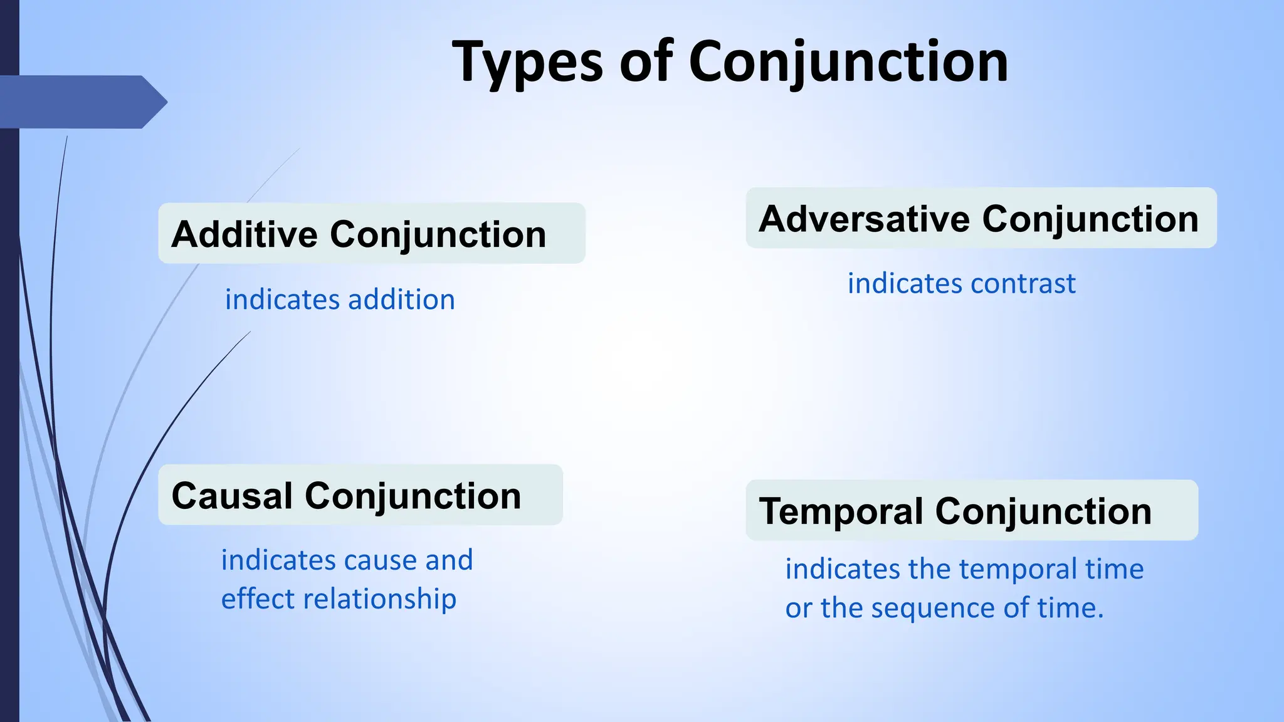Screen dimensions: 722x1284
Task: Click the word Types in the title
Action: (x=527, y=63)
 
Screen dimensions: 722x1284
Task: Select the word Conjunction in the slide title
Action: (x=848, y=63)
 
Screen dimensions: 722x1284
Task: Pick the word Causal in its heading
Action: (x=232, y=496)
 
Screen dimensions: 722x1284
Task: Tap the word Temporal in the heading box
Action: (x=840, y=511)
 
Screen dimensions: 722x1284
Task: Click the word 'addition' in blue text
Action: (x=401, y=300)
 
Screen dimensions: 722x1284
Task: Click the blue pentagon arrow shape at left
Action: (x=82, y=102)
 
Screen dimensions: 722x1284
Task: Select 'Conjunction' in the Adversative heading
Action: (x=1090, y=219)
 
